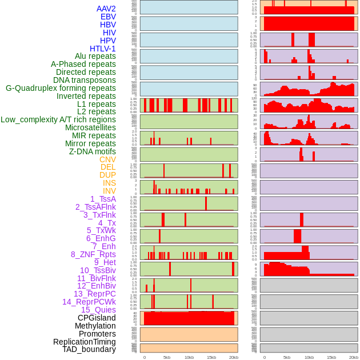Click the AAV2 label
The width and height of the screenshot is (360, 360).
tap(106, 9)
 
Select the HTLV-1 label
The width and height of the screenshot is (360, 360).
tap(102, 49)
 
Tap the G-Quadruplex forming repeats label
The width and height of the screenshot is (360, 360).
tap(61, 88)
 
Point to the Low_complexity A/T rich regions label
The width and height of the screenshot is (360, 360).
tap(58, 119)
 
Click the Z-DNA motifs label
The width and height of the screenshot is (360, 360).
tap(92, 151)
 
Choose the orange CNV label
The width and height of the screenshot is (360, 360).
tap(107, 159)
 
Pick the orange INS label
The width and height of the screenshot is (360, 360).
tap(109, 183)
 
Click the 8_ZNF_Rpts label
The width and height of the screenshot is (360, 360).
tap(93, 254)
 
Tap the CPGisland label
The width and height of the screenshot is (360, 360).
tap(97, 318)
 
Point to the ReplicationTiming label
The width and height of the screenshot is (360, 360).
tap(84, 342)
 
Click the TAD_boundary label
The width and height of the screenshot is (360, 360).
tap(89, 349)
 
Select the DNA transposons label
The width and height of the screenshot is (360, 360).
tap(85, 80)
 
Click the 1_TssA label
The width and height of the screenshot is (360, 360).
tap(103, 199)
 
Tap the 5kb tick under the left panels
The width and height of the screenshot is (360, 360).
tap(167, 357)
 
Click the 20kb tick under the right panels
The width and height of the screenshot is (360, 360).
tap(354, 357)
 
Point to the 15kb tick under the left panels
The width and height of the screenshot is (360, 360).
tap(211, 357)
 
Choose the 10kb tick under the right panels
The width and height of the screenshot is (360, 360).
tap(309, 357)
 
